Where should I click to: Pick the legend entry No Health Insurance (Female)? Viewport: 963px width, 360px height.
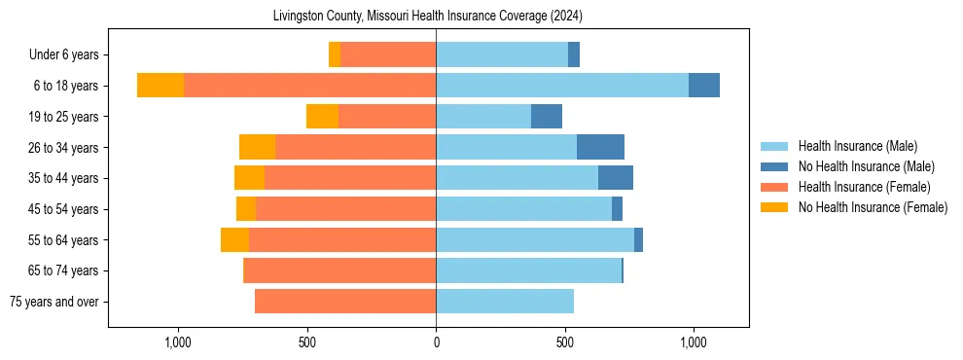[x=872, y=207]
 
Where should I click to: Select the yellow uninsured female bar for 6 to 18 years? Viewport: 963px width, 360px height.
[x=160, y=86]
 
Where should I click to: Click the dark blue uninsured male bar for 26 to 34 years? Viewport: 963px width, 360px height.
[x=600, y=147]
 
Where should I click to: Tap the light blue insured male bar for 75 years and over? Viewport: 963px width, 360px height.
[x=505, y=302]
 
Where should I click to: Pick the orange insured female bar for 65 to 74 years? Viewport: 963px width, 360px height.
[x=339, y=270]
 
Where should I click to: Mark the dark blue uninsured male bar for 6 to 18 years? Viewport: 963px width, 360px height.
[x=704, y=86]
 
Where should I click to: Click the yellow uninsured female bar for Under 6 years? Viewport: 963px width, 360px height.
[x=335, y=54]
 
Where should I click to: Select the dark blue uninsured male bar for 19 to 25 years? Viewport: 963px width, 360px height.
[x=547, y=117]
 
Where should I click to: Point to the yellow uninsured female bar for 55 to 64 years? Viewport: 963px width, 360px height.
[x=234, y=239]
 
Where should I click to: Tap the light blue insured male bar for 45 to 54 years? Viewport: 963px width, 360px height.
[x=523, y=209]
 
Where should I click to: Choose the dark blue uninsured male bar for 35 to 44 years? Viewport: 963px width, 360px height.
[x=616, y=178]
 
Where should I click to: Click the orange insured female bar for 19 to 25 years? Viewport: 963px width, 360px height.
[x=387, y=117]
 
